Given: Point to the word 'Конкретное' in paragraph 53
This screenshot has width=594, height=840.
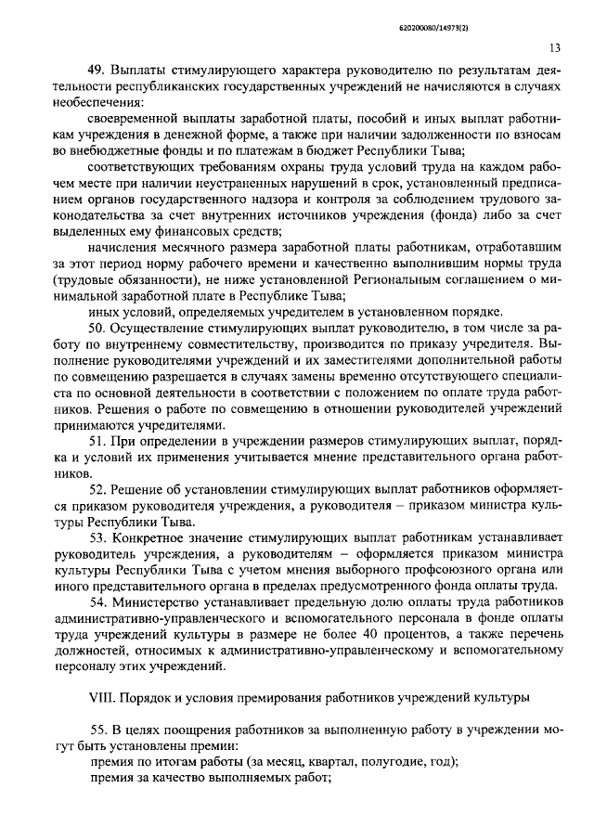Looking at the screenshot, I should [147, 537].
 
